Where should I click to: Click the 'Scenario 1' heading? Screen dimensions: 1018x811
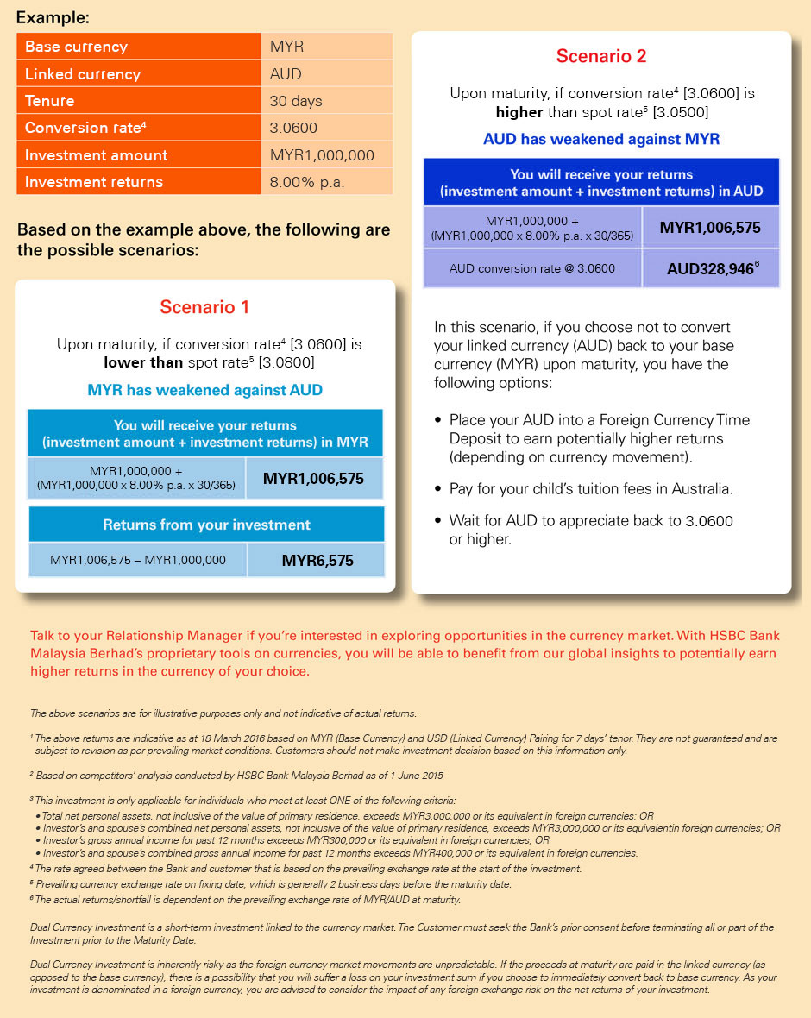point(205,307)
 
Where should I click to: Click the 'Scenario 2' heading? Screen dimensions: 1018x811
point(601,56)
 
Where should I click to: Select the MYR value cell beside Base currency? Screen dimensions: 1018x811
point(326,47)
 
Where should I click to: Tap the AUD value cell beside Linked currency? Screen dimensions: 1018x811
point(326,74)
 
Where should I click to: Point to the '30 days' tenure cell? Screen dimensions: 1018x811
point(326,101)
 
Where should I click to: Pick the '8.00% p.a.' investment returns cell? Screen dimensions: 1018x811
point(326,182)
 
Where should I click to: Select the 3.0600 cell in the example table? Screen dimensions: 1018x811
point(326,128)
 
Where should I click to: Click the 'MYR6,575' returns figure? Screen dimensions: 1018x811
point(317,561)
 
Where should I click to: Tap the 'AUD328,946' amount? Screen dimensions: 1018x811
point(711,268)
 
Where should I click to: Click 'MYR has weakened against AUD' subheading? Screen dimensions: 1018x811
point(205,390)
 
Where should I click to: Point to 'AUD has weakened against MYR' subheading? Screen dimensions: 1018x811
point(601,139)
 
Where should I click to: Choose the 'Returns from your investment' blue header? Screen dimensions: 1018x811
point(206,525)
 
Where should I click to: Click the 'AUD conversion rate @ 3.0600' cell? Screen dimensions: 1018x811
point(532,268)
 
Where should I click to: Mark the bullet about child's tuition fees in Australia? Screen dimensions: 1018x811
point(591,489)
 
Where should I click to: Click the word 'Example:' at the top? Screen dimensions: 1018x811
point(53,17)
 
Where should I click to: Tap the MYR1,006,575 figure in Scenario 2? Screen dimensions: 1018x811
point(710,228)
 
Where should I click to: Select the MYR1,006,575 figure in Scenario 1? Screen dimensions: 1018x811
point(313,479)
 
